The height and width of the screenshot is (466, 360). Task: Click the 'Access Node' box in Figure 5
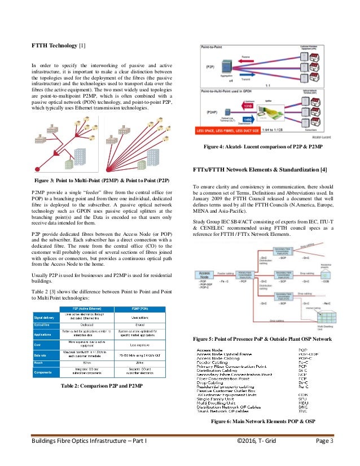(204, 275)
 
